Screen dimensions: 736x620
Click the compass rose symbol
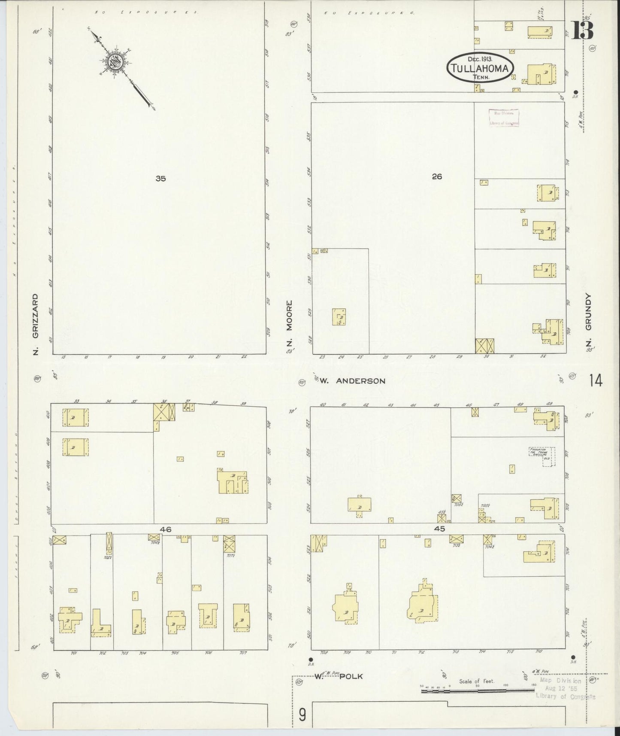[x=116, y=62]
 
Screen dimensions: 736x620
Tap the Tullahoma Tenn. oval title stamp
[x=480, y=68]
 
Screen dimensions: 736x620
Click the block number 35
[x=160, y=179]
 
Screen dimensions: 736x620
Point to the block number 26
[x=437, y=176]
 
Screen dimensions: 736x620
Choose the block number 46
[x=166, y=529]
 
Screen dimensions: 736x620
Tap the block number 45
[x=439, y=529]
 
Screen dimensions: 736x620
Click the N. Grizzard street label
[x=36, y=324]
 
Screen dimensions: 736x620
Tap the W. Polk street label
[x=339, y=676]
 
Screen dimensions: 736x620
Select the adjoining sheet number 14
[x=596, y=380]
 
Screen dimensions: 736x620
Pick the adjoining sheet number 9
[x=302, y=715]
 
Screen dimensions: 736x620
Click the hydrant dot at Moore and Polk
[x=311, y=659]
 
